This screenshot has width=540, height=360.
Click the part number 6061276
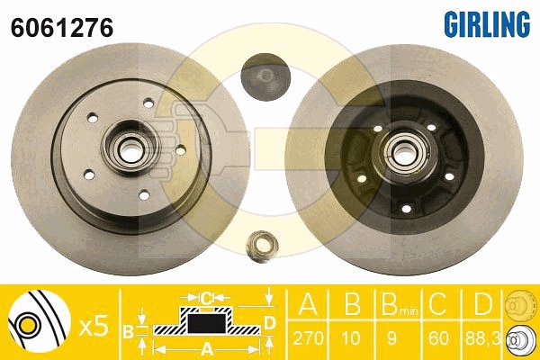[x=62, y=28]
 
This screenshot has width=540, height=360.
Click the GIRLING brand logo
[x=487, y=23]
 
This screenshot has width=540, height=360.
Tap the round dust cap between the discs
[x=265, y=77]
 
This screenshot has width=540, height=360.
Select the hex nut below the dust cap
[x=263, y=245]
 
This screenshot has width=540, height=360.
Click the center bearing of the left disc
[x=130, y=148]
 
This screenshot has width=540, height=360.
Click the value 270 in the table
[x=308, y=338]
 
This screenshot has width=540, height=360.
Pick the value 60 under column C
[x=439, y=338]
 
